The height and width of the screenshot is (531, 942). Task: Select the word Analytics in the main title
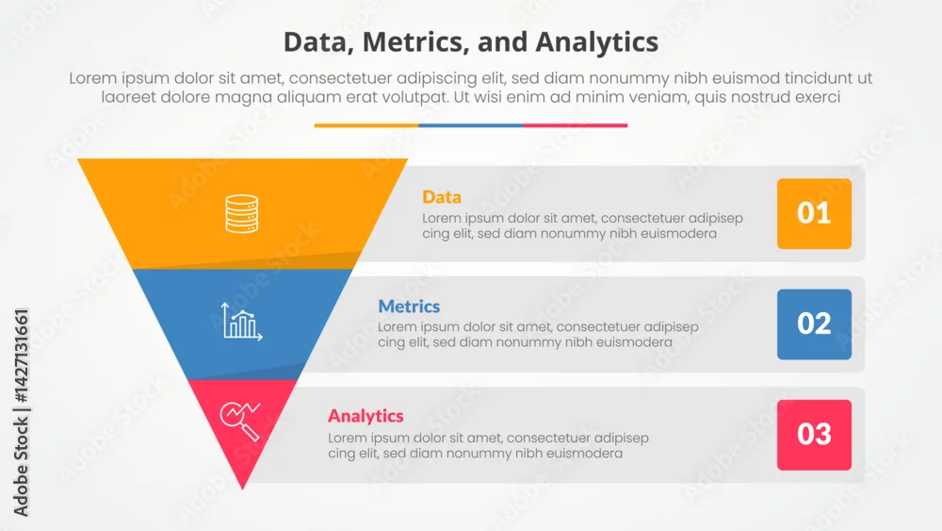(x=596, y=43)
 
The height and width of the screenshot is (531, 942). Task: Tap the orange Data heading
(x=442, y=197)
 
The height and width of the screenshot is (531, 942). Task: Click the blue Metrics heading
(x=409, y=307)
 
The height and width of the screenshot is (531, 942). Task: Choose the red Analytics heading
(x=365, y=416)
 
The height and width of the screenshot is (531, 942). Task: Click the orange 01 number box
(x=814, y=213)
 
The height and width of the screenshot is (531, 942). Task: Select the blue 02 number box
(x=814, y=324)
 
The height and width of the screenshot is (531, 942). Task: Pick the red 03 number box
(x=814, y=435)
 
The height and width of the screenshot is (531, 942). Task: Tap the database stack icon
(x=241, y=213)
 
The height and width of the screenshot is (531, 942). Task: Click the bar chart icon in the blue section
(x=241, y=322)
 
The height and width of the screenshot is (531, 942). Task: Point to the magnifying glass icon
(x=240, y=421)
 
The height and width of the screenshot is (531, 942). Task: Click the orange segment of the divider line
(x=365, y=125)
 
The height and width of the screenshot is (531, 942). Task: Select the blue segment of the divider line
(x=470, y=125)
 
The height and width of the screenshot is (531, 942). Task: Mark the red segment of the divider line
(x=575, y=125)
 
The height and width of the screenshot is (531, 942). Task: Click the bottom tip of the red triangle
(x=243, y=490)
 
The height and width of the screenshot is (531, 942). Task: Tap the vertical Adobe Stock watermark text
(x=21, y=412)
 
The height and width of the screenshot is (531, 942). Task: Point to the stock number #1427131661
(x=21, y=356)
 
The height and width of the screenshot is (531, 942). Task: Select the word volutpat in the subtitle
(x=414, y=97)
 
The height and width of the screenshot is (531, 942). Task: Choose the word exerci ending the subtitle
(x=818, y=97)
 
